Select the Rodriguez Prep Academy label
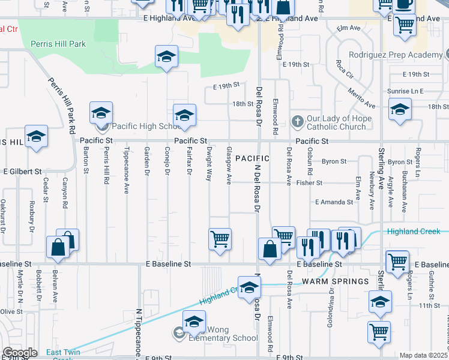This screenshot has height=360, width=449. point(400,55)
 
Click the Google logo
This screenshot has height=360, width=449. point(20,353)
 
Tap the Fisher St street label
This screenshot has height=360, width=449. point(311,182)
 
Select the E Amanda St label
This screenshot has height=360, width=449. point(334,202)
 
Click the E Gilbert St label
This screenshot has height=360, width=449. point(23,171)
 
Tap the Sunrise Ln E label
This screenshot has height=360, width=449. point(406,91)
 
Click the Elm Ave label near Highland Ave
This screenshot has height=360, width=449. point(348,28)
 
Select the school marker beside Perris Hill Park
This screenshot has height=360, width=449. point(166,57)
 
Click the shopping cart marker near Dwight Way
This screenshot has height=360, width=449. point(220,239)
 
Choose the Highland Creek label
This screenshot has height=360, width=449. point(414,232)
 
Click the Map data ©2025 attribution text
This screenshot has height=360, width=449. point(423,355)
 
